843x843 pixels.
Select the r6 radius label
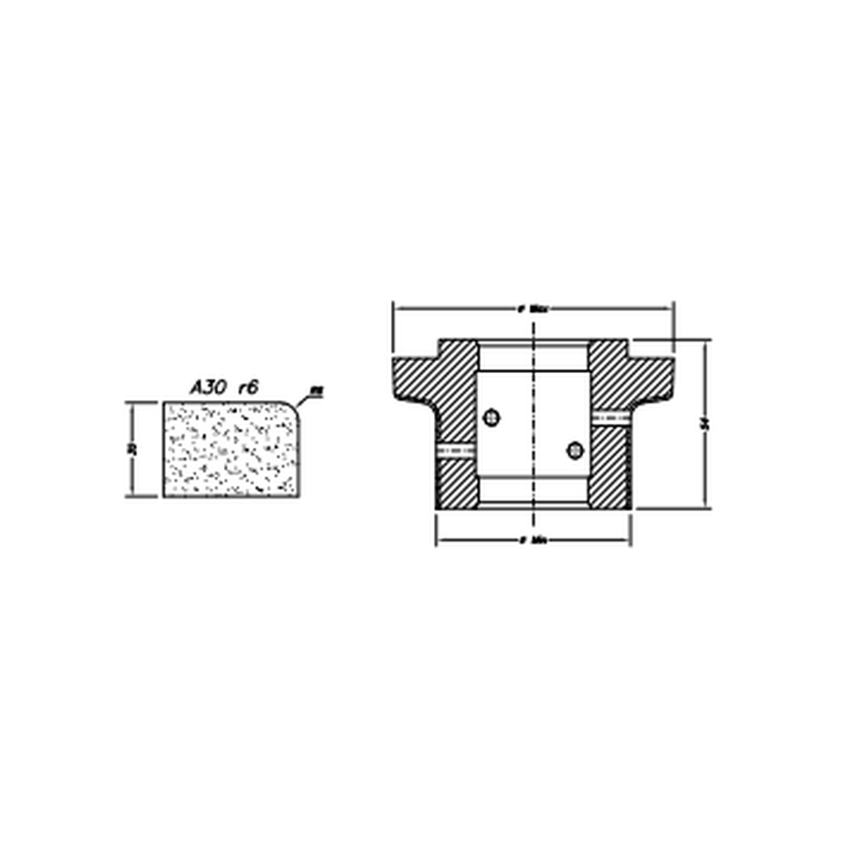pos(249,388)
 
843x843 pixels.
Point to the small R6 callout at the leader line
pos(315,392)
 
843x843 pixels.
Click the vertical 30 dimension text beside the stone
pos(132,449)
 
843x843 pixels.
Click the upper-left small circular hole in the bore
pos(491,418)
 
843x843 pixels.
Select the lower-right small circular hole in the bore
pos(575,449)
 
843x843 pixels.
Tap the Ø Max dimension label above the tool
pos(533,310)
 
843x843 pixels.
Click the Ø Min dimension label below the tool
pos(533,541)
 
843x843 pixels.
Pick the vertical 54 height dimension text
pos(705,423)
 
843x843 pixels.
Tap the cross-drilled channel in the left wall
pos(457,449)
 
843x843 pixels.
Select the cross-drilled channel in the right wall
pos(610,417)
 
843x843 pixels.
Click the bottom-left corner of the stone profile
pos(165,496)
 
